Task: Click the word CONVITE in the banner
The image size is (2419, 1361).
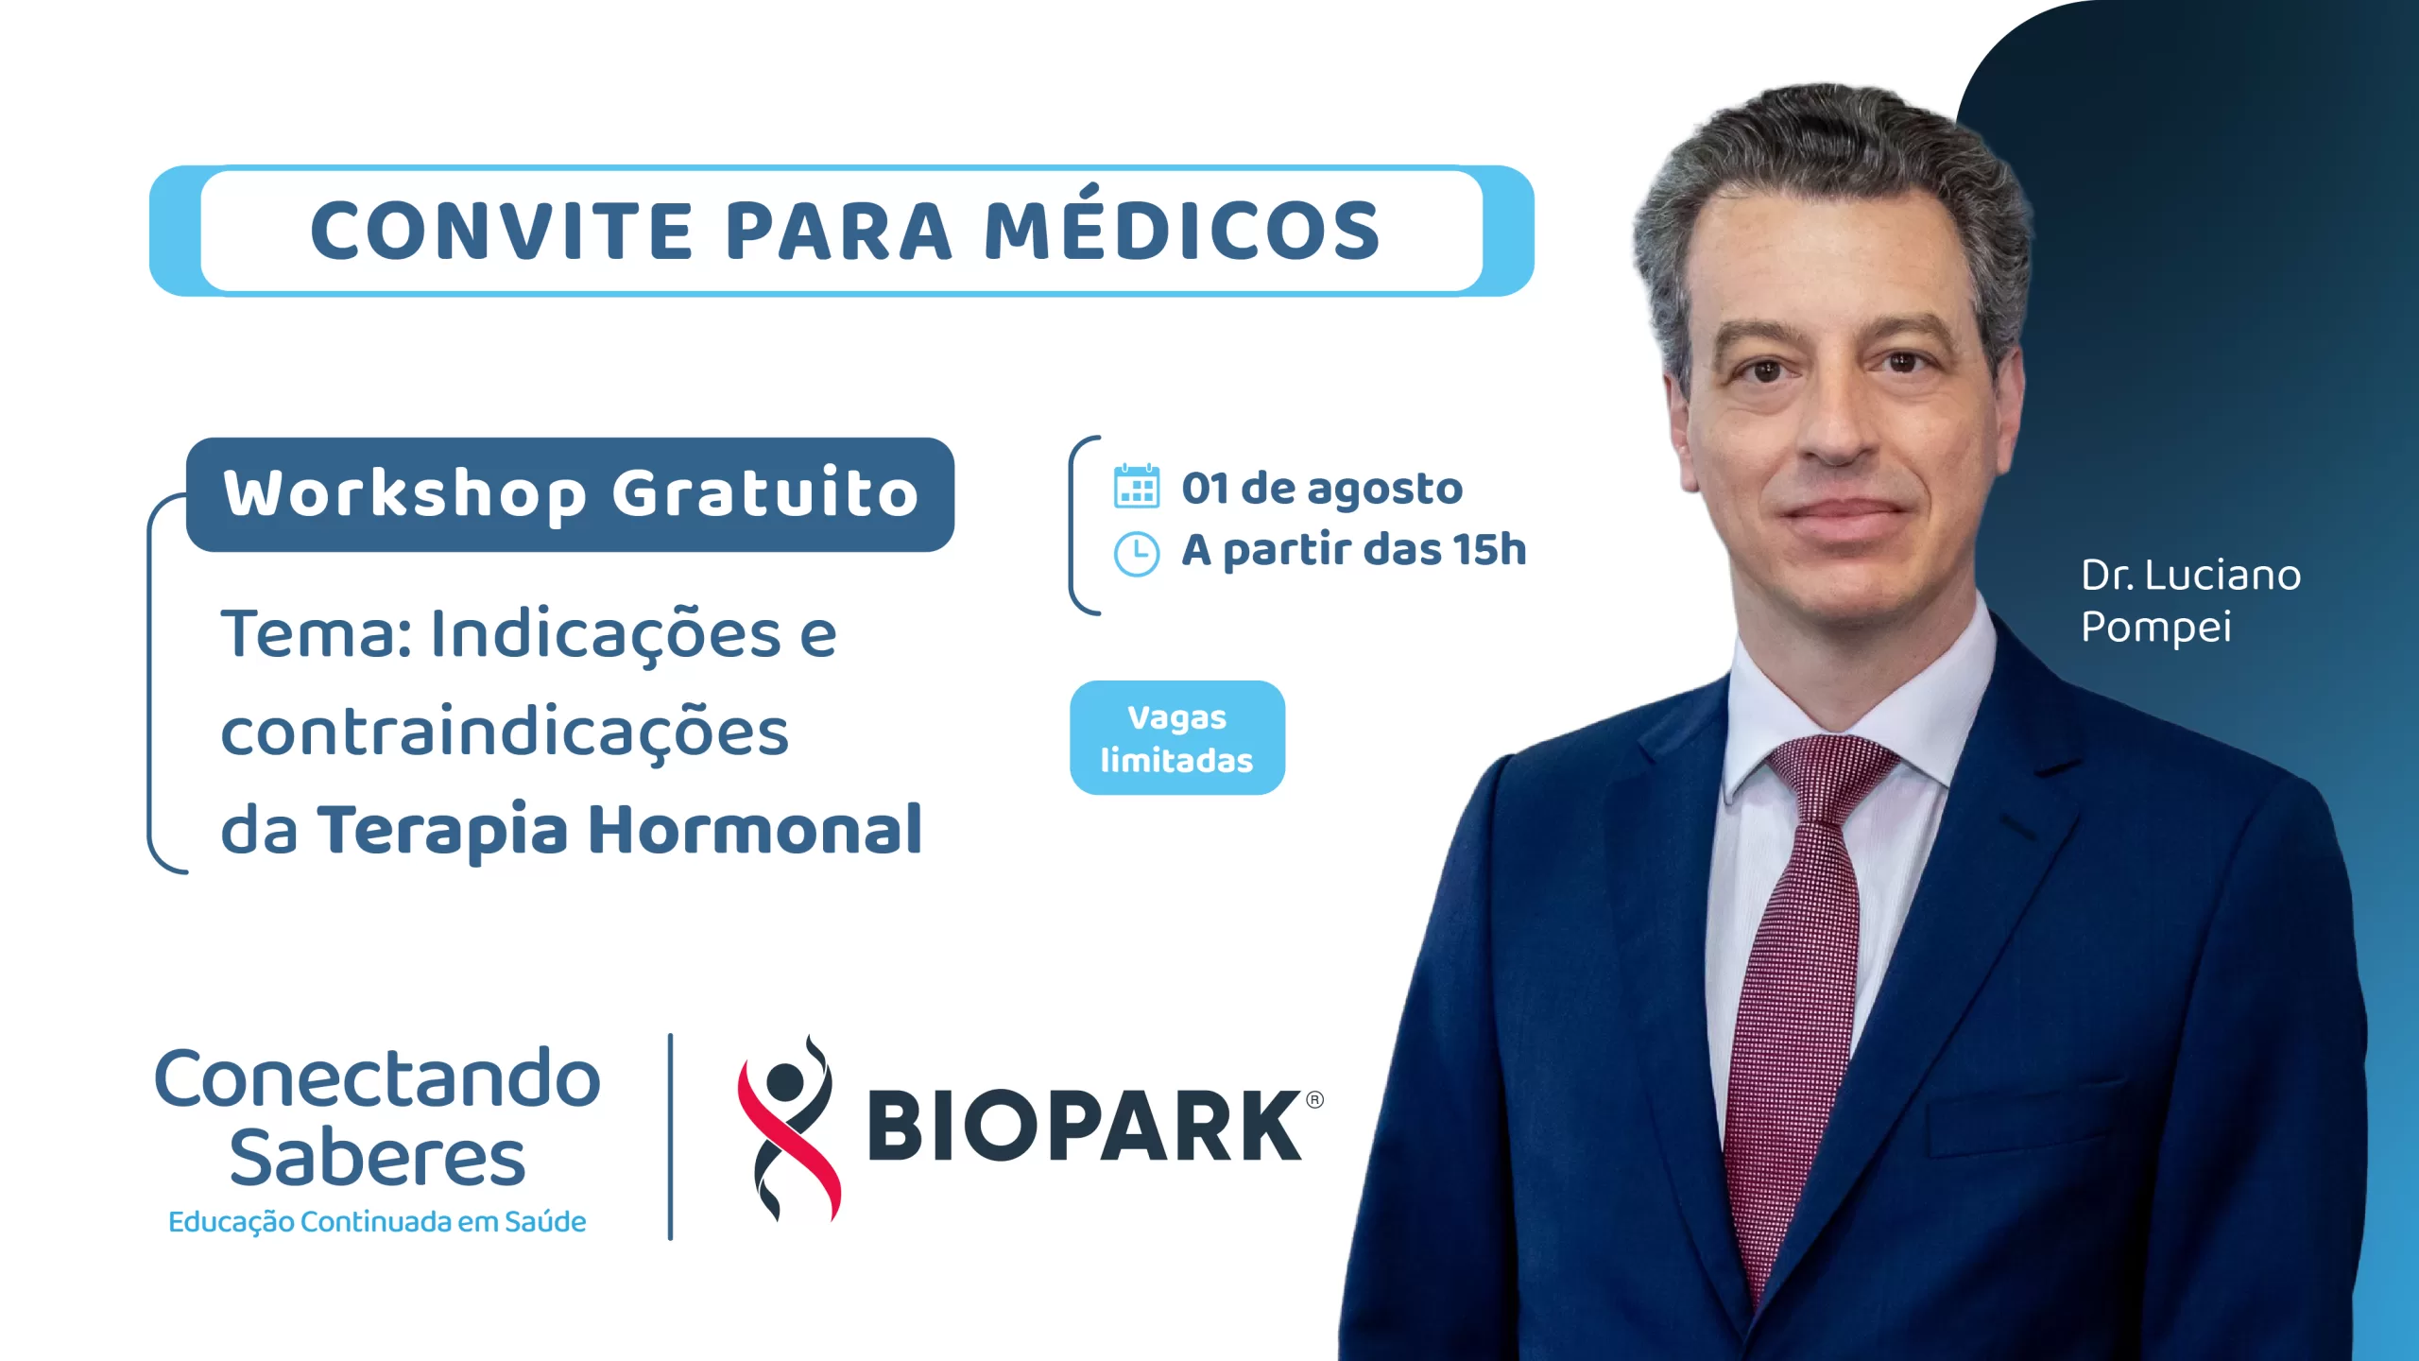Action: point(502,231)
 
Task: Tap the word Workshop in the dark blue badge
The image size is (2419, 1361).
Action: point(405,493)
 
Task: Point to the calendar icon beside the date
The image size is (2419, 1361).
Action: point(1137,486)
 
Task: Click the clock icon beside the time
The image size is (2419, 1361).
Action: point(1137,554)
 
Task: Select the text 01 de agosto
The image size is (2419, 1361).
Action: point(1322,490)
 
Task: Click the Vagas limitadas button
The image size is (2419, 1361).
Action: point(1177,737)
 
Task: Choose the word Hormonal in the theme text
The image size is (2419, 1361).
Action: point(755,829)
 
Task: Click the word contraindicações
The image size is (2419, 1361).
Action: point(505,733)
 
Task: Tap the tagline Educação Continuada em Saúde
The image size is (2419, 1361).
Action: point(377,1221)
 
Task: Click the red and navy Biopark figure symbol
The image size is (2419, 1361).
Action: point(789,1128)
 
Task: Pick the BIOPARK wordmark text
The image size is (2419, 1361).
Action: point(1084,1125)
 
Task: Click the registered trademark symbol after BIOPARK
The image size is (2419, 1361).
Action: point(1314,1099)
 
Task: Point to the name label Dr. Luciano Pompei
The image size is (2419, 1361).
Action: point(2190,601)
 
